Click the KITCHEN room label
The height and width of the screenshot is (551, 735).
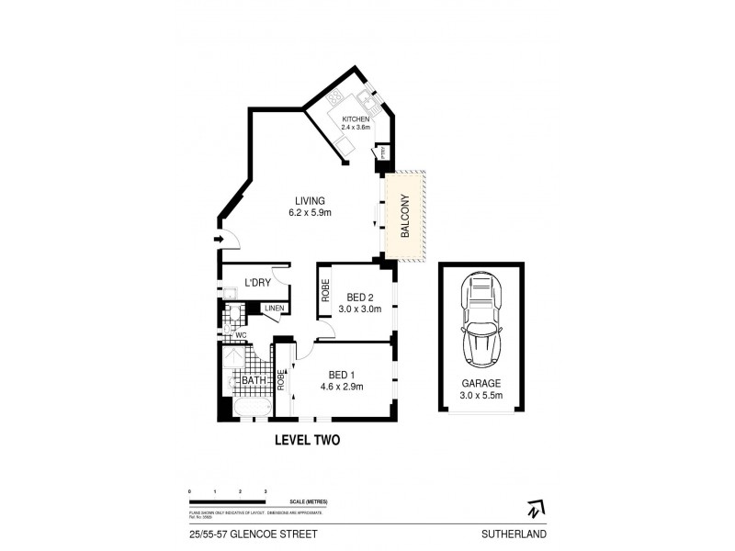click(x=356, y=120)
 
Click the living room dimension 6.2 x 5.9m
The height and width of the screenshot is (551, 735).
click(x=309, y=213)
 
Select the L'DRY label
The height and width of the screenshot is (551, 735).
click(x=256, y=283)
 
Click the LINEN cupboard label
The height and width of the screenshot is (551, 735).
click(x=275, y=309)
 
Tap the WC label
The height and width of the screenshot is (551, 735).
click(x=240, y=335)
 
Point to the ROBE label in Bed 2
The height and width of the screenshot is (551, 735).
click(x=325, y=289)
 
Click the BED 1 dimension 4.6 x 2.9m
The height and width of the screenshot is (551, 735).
click(x=342, y=387)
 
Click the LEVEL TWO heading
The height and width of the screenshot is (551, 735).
click(x=308, y=441)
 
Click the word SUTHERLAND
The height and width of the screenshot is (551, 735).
click(x=522, y=532)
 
